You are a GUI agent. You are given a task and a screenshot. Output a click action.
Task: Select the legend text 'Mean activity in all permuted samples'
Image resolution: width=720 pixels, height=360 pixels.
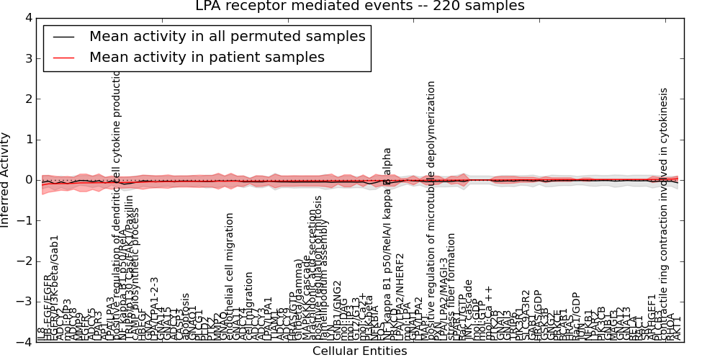tap(227, 36)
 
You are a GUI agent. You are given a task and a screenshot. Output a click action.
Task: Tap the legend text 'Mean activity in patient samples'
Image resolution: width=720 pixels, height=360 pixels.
tap(207, 57)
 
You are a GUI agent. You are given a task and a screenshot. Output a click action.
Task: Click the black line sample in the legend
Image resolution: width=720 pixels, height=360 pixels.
tap(63, 36)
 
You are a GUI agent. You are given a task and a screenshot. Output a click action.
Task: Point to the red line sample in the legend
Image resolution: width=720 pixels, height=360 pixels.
tap(63, 57)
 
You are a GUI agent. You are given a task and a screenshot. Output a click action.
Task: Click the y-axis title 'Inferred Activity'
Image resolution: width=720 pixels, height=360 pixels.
tap(6, 180)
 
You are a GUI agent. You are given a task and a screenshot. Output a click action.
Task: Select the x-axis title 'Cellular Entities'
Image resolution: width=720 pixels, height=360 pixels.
tap(359, 351)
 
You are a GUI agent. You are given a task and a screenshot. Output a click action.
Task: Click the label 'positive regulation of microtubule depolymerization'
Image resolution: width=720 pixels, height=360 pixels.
tap(431, 209)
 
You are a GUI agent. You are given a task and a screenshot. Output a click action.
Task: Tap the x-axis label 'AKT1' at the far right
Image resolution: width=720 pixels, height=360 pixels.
tap(678, 329)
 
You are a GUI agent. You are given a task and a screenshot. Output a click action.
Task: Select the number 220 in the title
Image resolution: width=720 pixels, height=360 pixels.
tap(459, 6)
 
